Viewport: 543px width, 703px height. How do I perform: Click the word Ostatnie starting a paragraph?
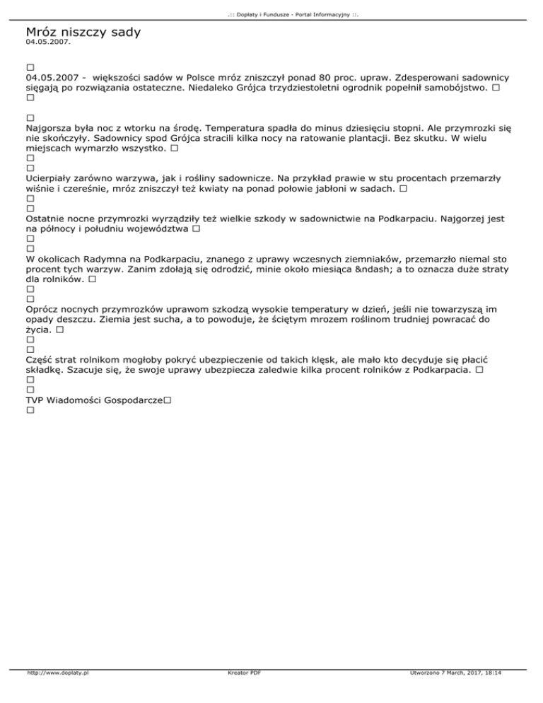coord(49,220)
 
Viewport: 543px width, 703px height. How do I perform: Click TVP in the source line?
coord(36,400)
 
